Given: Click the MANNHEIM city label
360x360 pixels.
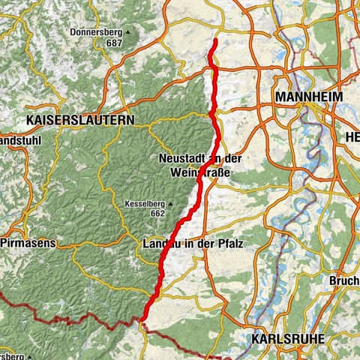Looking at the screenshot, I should tap(309, 97).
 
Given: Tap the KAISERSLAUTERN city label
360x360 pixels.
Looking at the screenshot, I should tap(80, 119).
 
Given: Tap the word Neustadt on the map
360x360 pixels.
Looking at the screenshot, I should tap(181, 159).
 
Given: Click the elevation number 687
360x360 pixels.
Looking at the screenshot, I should tap(114, 43).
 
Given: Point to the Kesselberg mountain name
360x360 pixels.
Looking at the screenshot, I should tap(146, 202).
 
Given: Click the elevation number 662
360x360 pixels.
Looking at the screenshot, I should tap(156, 213).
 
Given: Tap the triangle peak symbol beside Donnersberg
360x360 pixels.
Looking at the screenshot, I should tap(127, 32).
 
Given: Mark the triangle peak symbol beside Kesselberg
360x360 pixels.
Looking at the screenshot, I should tap(171, 202).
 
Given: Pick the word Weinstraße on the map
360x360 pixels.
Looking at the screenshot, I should tap(199, 173).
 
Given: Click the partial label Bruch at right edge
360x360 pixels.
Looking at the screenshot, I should tap(343, 281).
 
